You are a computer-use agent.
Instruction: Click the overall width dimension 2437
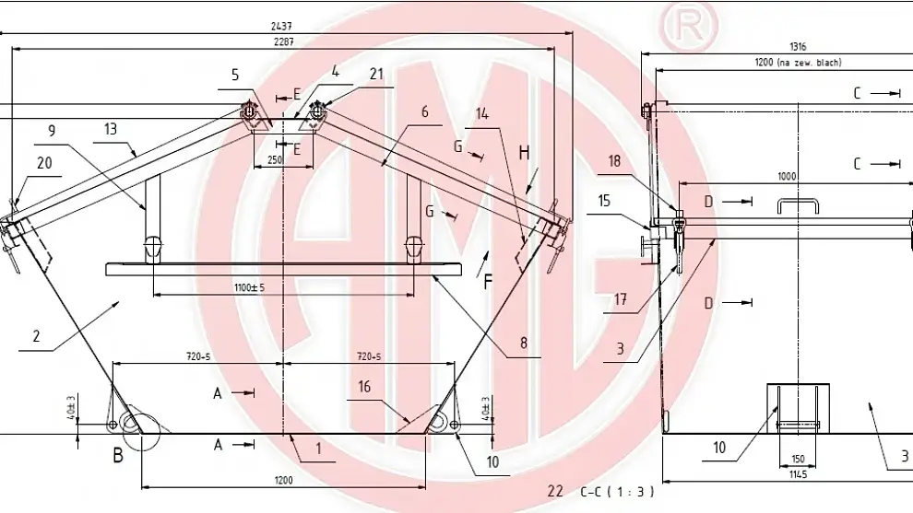tap(283, 27)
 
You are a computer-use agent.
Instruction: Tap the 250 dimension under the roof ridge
tap(276, 160)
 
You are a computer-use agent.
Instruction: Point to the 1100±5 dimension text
tap(249, 287)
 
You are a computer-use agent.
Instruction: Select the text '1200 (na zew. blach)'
tap(798, 62)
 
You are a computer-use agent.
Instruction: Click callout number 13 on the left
tap(111, 130)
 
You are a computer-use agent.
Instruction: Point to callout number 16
tap(364, 387)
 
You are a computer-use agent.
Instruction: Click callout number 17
tap(621, 298)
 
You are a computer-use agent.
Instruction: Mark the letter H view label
tap(524, 153)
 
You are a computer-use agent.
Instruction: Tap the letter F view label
tap(487, 281)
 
